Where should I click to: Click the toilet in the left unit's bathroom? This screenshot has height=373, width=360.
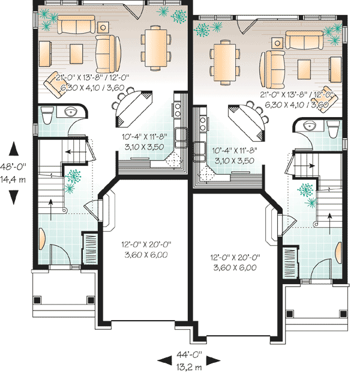pyautogui.click(x=47, y=115)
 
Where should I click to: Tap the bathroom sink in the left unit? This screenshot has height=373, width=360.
pyautogui.click(x=71, y=111)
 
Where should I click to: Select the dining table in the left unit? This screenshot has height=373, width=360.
pyautogui.click(x=155, y=47)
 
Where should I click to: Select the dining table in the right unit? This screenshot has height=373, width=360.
pyautogui.click(x=224, y=62)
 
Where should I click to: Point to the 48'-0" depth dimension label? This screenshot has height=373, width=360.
pyautogui.click(x=13, y=166)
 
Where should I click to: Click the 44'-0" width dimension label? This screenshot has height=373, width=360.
pyautogui.click(x=189, y=354)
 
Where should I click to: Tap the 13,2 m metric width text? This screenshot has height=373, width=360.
pyautogui.click(x=189, y=367)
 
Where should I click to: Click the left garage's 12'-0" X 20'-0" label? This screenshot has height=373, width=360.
pyautogui.click(x=146, y=244)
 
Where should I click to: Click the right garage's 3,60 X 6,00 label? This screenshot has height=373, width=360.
pyautogui.click(x=235, y=268)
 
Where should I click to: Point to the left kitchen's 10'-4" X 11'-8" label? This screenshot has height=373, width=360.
pyautogui.click(x=145, y=137)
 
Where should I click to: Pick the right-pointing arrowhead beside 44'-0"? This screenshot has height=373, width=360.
pyautogui.click(x=213, y=360)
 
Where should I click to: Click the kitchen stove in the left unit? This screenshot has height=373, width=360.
pyautogui.click(x=177, y=110)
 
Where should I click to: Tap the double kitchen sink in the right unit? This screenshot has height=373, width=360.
pyautogui.click(x=200, y=151)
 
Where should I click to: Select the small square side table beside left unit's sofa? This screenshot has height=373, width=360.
pyautogui.click(x=103, y=28)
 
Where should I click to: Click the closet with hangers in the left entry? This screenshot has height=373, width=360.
pyautogui.click(x=90, y=249)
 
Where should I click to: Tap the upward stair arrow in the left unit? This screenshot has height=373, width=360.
pyautogui.click(x=50, y=210)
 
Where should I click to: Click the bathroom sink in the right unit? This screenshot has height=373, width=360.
pyautogui.click(x=310, y=126)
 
